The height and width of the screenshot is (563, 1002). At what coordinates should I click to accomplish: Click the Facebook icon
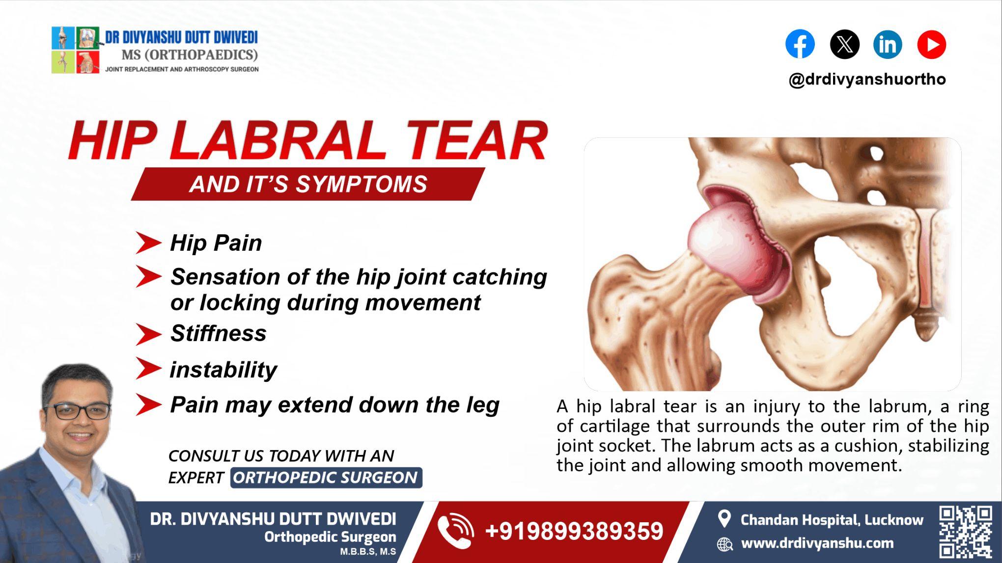tap(800, 44)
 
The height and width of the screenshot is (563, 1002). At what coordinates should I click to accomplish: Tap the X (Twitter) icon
tap(844, 44)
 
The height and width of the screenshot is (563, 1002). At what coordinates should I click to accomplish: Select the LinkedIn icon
tap(888, 44)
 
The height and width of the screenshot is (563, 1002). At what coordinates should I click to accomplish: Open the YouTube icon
tap(931, 44)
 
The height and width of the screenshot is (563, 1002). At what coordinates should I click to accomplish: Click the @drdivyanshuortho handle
tap(867, 80)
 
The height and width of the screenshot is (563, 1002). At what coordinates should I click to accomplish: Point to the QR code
tap(965, 532)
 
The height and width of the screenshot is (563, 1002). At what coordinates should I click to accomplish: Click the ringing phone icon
tap(455, 531)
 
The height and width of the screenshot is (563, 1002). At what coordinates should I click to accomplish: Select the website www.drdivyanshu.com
tap(817, 543)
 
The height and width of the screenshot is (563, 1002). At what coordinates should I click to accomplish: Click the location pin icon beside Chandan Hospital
tap(724, 519)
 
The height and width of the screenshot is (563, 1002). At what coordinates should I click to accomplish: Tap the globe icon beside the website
tap(724, 544)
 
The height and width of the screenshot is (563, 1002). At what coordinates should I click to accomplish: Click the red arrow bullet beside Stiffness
tap(148, 334)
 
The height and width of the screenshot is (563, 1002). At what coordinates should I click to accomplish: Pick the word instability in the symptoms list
tap(223, 370)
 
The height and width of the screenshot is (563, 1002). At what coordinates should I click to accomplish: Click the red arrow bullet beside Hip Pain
tap(148, 243)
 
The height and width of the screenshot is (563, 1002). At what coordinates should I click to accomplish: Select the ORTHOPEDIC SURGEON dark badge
tap(326, 478)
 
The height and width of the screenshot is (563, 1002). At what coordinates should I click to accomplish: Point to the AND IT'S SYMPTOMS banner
tap(308, 184)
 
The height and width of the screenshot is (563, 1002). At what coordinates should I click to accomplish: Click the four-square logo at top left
tap(75, 50)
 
